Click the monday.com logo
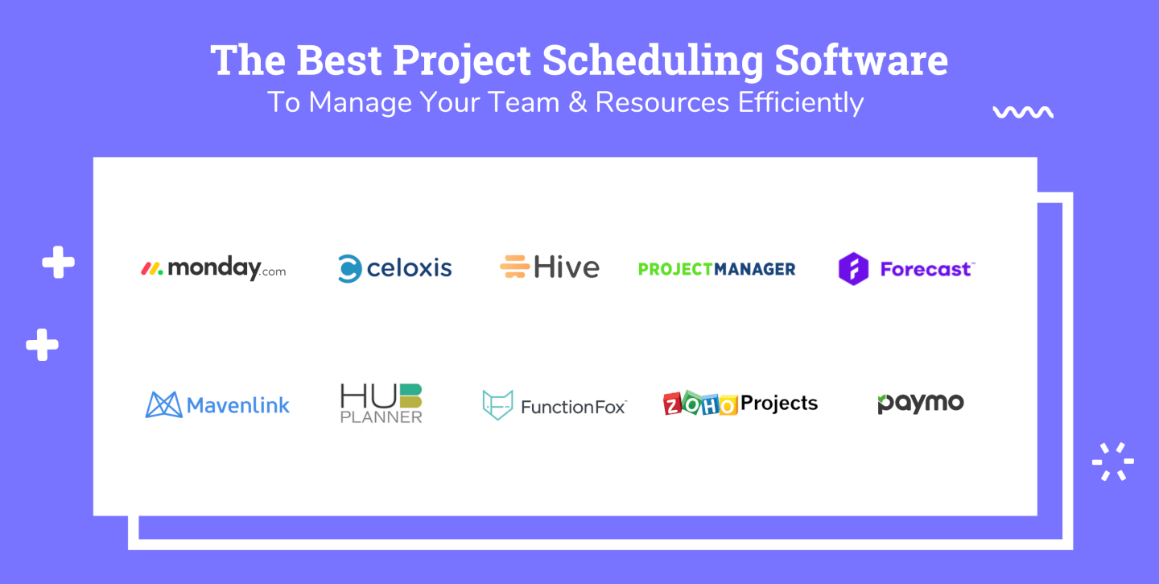pos(213,268)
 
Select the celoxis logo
pos(394,268)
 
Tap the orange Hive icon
pos(514,267)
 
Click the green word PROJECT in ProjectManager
pos(675,269)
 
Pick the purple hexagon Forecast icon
pos(853,269)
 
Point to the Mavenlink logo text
pos(238,405)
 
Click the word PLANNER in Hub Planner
pos(382,416)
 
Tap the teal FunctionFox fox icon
pos(497,404)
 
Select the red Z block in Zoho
pos(672,404)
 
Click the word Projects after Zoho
pos(779,404)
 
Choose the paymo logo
pos(921,404)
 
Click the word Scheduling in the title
pos(653,61)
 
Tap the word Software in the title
pos(861,60)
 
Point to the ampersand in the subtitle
pos(577,102)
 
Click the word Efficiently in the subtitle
pos(801,102)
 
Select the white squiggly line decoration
pos(1023,112)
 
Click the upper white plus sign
pos(58,262)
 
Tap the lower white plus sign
pos(42,345)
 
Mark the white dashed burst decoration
pos(1113,462)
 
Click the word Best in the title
pos(340,60)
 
